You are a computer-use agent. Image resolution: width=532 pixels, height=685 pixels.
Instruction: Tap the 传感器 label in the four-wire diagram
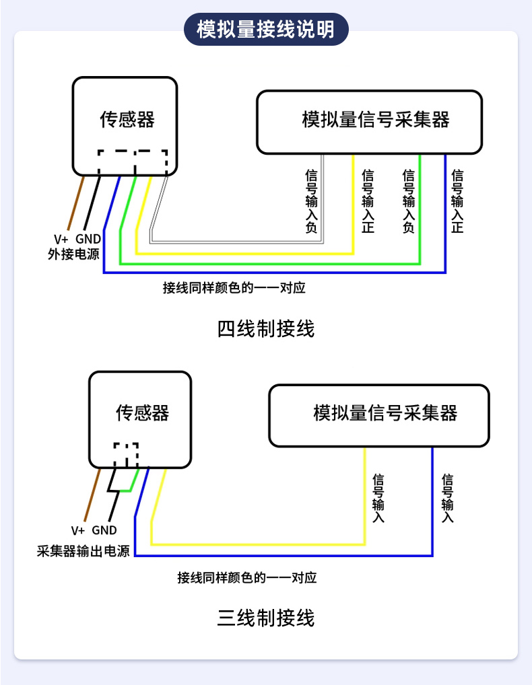point(127,120)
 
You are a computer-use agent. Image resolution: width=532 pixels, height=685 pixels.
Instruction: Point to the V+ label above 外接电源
point(61,239)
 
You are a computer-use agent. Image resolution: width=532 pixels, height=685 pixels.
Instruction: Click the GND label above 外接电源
point(88,239)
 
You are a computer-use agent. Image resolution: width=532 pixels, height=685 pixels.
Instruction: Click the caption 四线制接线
point(266,329)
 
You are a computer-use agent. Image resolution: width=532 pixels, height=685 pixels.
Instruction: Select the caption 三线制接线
point(266,617)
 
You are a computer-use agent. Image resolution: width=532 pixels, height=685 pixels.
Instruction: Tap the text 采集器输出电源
point(83,551)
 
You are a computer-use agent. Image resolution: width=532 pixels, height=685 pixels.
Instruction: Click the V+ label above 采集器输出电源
point(78,530)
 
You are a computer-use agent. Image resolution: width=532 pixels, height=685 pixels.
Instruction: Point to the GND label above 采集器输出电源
point(104,530)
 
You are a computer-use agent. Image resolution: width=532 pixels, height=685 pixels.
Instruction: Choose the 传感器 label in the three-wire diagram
point(142,412)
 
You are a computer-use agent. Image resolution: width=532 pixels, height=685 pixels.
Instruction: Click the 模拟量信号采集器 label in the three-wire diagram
point(385,412)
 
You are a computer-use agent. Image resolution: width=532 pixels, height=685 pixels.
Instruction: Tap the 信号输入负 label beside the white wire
point(312,201)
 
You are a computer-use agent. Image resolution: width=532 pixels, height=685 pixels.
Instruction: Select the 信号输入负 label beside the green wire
point(408,201)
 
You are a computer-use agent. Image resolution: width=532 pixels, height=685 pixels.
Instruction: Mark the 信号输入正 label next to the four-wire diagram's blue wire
point(457,201)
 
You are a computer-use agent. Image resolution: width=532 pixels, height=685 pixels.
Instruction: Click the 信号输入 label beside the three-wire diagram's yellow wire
point(378,499)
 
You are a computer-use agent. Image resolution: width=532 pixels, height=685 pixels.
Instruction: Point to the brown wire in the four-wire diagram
point(75,202)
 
